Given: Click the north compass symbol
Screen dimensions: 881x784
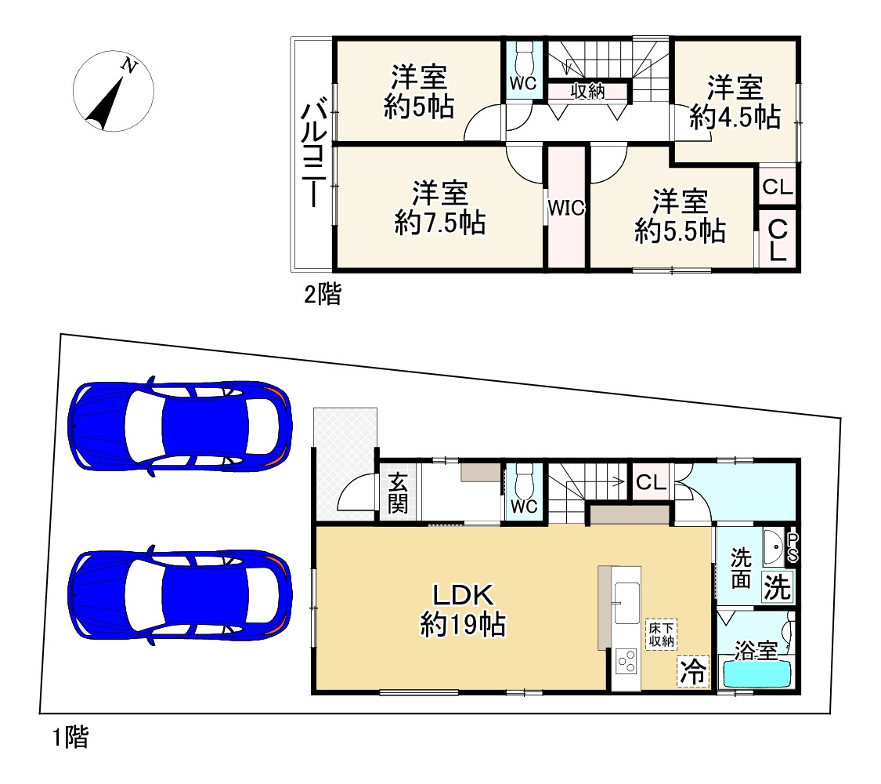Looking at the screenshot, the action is coord(113,91).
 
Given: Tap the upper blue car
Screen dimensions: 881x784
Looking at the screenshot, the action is coord(180,426).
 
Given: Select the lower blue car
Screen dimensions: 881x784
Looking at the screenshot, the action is coord(180,594).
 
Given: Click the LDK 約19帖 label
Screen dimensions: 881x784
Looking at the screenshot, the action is coord(463,610).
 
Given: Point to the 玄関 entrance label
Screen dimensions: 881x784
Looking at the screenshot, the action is coord(398,493).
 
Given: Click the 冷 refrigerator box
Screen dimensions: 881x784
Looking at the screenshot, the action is coord(693,672).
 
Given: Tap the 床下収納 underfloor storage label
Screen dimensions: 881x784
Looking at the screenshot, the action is coord(661,634).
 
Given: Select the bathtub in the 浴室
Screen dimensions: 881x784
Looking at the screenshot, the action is coord(756,673).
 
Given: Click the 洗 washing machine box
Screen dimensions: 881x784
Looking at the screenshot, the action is coord(777,587).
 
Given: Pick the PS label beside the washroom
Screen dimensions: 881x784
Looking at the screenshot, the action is coord(793,547).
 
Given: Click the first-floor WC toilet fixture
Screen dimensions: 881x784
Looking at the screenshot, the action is coord(524,478).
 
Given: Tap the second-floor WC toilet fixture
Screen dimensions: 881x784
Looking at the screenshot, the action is coord(524,56).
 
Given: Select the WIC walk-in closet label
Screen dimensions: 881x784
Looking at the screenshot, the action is coord(566,208).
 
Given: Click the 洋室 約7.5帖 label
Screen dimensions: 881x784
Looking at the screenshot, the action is coord(440,208).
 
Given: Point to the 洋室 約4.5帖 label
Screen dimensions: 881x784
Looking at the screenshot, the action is coord(735,102).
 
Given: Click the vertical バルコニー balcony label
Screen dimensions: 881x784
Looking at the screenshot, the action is coord(313,154).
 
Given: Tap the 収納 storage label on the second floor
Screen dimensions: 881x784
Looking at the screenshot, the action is coord(587,91).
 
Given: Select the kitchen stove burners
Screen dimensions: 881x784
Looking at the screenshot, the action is coord(626,662).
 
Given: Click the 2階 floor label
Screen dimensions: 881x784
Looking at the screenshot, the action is coord(323,294).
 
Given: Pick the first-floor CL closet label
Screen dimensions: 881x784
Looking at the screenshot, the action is coord(652,482).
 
